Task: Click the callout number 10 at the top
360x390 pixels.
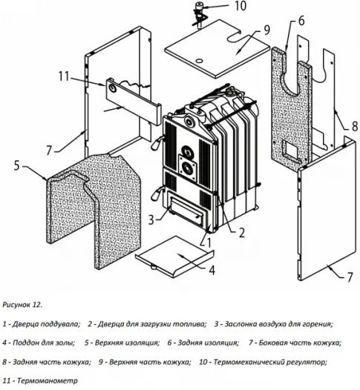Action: (240, 6)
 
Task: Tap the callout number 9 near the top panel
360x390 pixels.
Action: (266, 30)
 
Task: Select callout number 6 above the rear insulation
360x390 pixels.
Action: (301, 21)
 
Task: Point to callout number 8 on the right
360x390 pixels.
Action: (355, 126)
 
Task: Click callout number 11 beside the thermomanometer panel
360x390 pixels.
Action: (64, 76)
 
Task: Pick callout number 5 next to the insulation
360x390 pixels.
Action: (16, 165)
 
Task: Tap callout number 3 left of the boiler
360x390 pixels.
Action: (151, 220)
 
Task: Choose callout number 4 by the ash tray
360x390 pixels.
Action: (212, 270)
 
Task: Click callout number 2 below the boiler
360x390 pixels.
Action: (242, 233)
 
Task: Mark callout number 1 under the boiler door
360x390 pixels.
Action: (209, 242)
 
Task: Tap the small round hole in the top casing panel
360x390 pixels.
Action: (199, 61)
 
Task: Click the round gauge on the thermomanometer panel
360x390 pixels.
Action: (113, 88)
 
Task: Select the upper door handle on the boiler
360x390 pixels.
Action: (157, 142)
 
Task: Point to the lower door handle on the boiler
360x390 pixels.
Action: (157, 193)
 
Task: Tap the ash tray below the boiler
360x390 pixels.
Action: (174, 256)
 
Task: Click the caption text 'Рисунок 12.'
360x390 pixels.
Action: (22, 305)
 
